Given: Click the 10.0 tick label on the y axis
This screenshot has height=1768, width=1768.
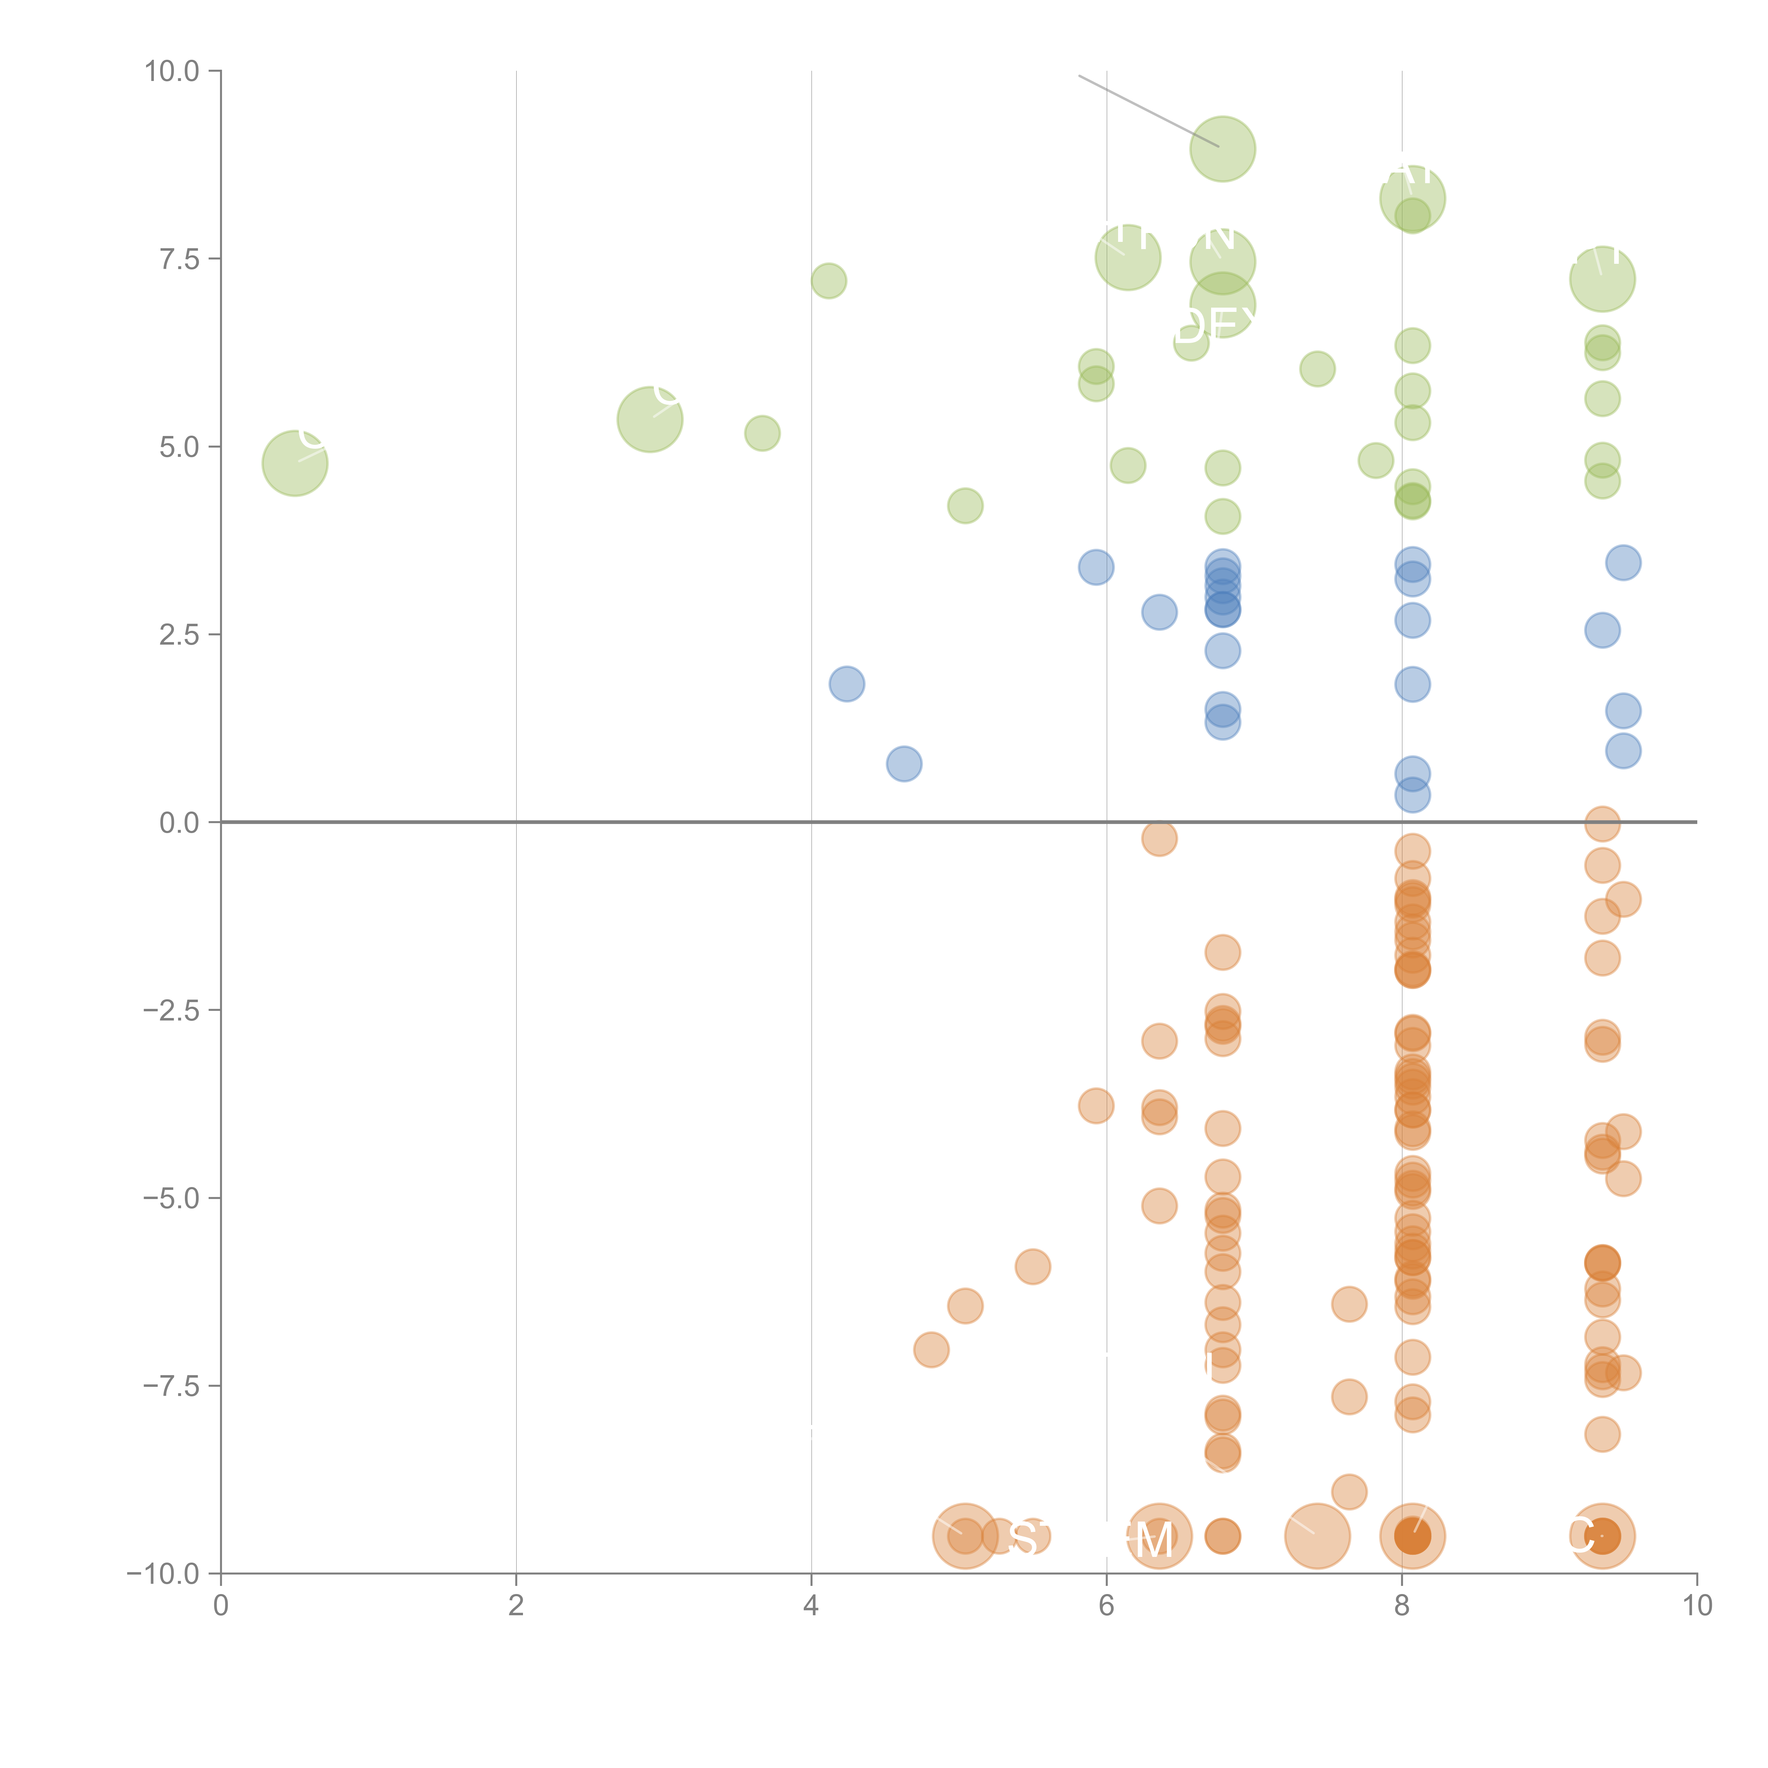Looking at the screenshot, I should (x=171, y=71).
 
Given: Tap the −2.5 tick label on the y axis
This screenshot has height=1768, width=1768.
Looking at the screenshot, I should (x=171, y=1010).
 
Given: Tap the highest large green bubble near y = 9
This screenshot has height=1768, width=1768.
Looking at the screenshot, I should (x=1223, y=149).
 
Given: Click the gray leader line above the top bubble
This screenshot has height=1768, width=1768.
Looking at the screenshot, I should (x=1148, y=111).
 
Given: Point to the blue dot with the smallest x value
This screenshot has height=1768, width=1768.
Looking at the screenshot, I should (x=847, y=684).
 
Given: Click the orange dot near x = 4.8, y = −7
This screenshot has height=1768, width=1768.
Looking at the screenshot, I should (x=931, y=1350).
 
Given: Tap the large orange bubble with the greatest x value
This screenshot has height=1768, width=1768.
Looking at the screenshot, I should (x=1601, y=1536).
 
